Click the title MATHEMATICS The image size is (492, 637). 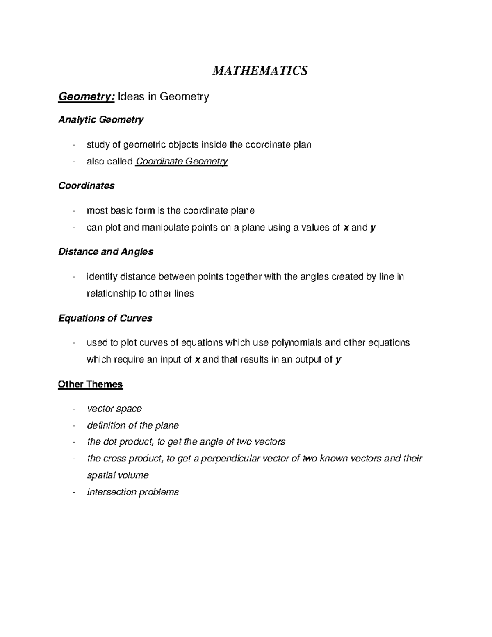pos(260,71)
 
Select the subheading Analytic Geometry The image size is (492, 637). pos(101,120)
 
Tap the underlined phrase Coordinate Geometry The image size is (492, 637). pos(181,162)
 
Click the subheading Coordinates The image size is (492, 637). pos(87,186)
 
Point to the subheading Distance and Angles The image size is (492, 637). pos(106,252)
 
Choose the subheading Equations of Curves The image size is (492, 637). pos(105,318)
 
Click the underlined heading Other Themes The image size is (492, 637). pos(90,384)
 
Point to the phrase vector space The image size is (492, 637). pos(114,409)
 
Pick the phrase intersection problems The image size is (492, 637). pos(133,492)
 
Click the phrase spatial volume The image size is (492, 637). pos(118,475)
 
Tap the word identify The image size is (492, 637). pos(101,277)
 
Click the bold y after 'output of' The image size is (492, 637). pos(338,360)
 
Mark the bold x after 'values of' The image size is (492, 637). pos(346,227)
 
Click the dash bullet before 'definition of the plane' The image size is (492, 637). pos(73,426)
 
